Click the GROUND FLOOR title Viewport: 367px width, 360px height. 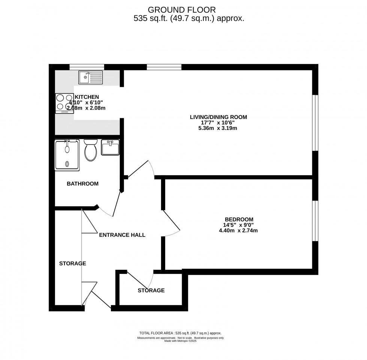click(x=182, y=10)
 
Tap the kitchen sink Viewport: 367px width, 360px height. click(x=91, y=77)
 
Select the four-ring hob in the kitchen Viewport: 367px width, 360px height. click(x=64, y=104)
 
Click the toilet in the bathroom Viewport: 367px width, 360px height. click(x=91, y=150)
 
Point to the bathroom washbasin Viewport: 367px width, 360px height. click(x=110, y=147)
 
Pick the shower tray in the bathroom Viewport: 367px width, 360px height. click(x=67, y=155)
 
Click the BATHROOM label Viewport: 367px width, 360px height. click(x=83, y=184)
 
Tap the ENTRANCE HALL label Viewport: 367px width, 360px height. click(x=122, y=235)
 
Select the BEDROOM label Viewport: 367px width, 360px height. click(x=239, y=219)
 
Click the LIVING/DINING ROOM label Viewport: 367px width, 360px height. click(x=218, y=117)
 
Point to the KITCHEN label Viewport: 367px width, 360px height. click(x=87, y=97)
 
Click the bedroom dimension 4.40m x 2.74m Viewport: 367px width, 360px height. click(x=238, y=231)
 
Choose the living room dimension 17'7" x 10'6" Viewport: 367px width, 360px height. click(x=218, y=123)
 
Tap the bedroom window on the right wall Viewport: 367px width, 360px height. click(x=315, y=220)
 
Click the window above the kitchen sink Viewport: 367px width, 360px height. click(x=87, y=67)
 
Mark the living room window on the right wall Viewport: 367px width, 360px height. click(x=315, y=123)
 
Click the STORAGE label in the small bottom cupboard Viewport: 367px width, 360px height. click(x=151, y=290)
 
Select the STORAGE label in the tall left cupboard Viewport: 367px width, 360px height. click(x=73, y=263)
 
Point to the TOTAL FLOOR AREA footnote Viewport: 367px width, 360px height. click(x=180, y=333)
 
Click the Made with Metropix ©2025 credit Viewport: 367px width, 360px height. click(x=180, y=341)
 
